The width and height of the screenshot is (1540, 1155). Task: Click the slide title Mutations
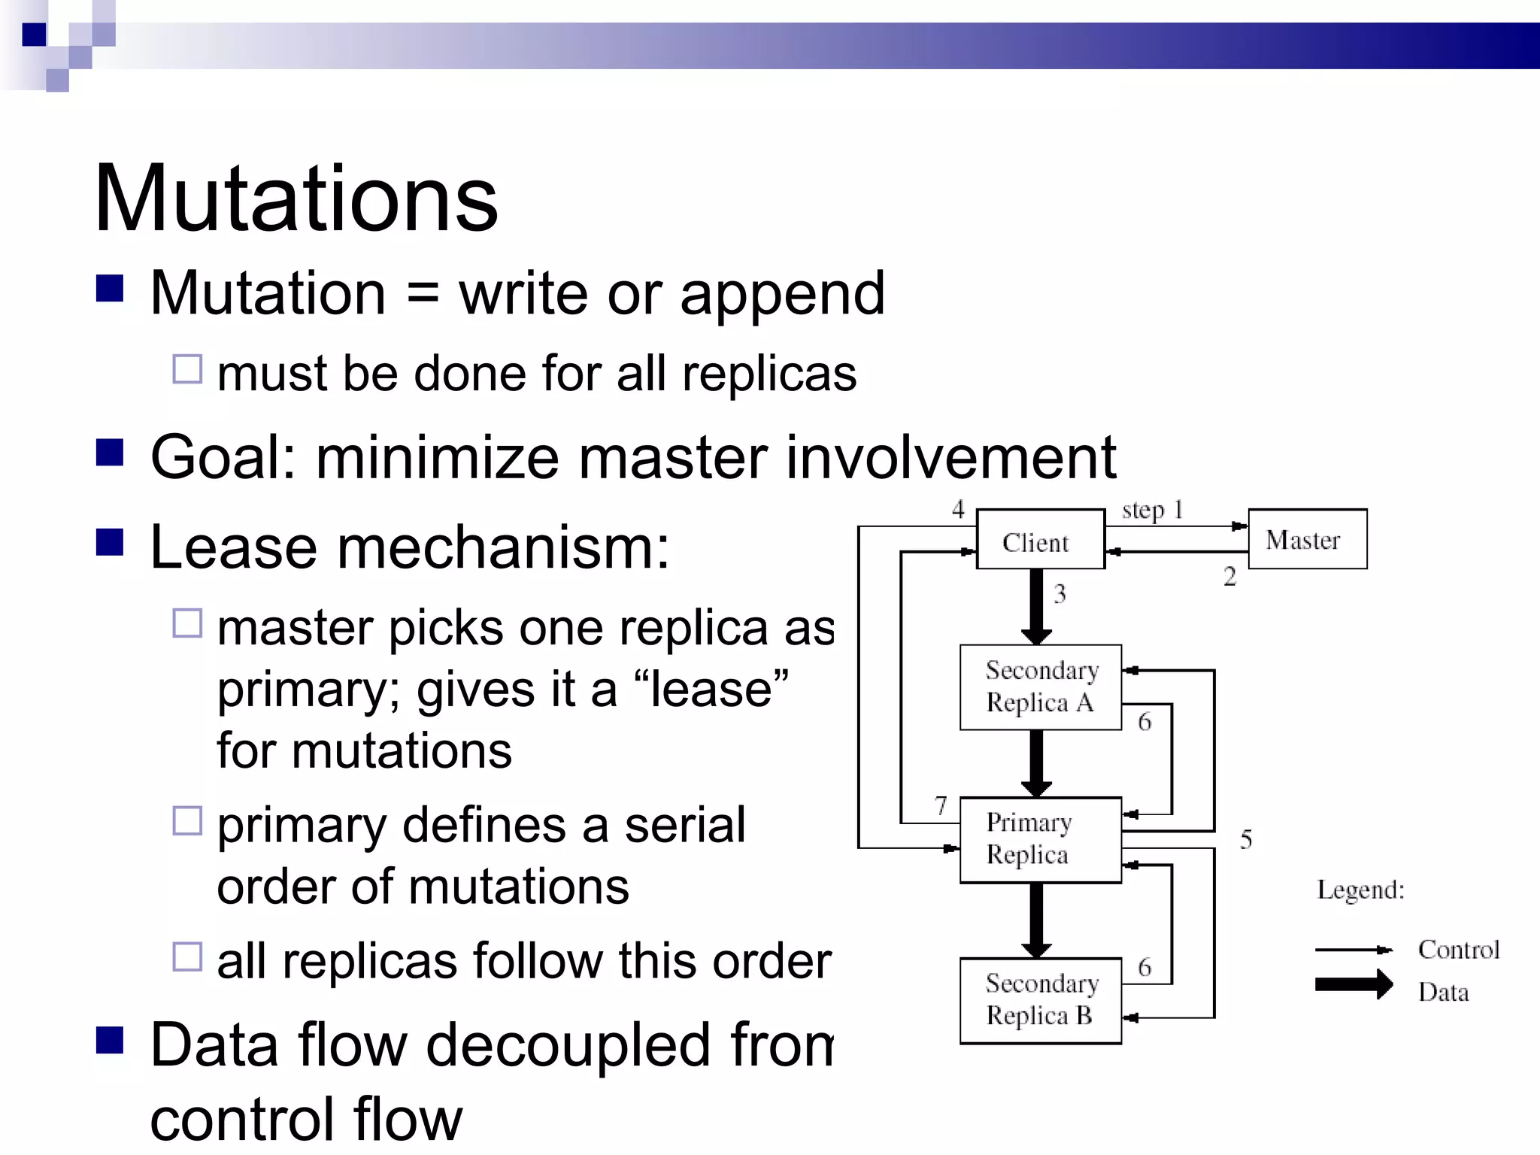(296, 200)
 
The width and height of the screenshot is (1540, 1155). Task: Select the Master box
(1307, 539)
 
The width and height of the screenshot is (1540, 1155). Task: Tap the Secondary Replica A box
(1041, 687)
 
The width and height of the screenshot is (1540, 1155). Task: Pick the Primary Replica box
(1041, 839)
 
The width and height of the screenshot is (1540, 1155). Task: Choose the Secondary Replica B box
(1041, 1000)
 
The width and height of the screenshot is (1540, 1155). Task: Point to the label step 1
(1152, 510)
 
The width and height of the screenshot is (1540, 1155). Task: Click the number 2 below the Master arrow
(1229, 577)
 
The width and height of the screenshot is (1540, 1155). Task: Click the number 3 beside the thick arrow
(1060, 594)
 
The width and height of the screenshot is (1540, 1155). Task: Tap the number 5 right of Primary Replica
(1246, 839)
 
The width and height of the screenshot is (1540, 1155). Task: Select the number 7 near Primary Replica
(941, 806)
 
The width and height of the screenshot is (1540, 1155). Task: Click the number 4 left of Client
(958, 509)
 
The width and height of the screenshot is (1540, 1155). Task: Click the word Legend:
(1360, 890)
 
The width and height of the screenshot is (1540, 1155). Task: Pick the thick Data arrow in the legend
(1354, 984)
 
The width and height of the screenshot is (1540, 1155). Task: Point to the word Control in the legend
(1458, 950)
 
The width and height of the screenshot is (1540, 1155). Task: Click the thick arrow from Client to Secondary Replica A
(1036, 605)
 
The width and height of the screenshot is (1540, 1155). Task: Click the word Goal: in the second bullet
(223, 457)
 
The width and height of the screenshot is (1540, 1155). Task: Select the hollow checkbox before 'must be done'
(187, 369)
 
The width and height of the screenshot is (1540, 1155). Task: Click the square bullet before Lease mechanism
(110, 542)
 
